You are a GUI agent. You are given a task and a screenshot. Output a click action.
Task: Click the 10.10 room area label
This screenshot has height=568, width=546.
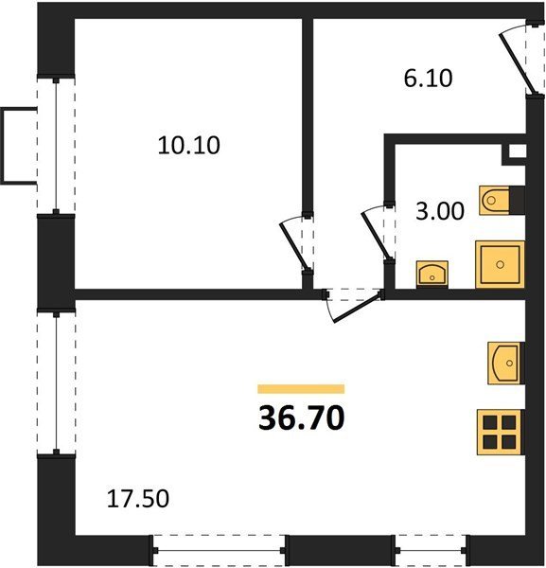pyautogui.click(x=189, y=146)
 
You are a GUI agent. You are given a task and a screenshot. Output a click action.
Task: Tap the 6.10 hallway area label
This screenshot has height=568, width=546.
pyautogui.click(x=429, y=79)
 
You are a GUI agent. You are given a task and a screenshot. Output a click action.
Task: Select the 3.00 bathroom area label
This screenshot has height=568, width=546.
pyautogui.click(x=440, y=211)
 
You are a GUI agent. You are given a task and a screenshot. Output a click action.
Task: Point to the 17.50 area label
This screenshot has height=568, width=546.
pyautogui.click(x=138, y=499)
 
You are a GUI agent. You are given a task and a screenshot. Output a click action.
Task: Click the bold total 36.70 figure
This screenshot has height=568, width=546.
pyautogui.click(x=302, y=418)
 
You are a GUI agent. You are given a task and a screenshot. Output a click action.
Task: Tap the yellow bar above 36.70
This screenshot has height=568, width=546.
pyautogui.click(x=301, y=389)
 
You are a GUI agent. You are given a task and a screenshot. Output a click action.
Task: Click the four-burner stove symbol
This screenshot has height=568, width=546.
pyautogui.click(x=500, y=433)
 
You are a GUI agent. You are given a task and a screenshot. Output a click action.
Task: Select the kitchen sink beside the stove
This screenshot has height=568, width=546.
pyautogui.click(x=505, y=364)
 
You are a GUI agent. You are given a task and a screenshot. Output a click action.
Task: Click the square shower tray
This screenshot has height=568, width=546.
pyautogui.click(x=500, y=264)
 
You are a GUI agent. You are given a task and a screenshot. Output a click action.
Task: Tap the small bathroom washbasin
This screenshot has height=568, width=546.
pyautogui.click(x=432, y=275)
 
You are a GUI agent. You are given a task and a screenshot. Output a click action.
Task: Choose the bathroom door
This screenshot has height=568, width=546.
pyautogui.click(x=379, y=233)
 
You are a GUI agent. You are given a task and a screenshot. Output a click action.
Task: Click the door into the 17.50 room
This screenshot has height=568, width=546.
pyautogui.click(x=353, y=306)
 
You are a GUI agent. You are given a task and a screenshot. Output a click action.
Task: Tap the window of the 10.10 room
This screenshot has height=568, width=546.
pyautogui.click(x=56, y=146)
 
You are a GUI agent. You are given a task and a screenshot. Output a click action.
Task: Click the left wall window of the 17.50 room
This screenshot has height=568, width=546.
pyautogui.click(x=56, y=383)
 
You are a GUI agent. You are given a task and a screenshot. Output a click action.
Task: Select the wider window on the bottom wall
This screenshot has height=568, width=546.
pyautogui.click(x=219, y=550)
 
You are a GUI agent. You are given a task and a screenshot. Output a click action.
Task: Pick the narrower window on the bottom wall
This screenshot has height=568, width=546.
pyautogui.click(x=432, y=550)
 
